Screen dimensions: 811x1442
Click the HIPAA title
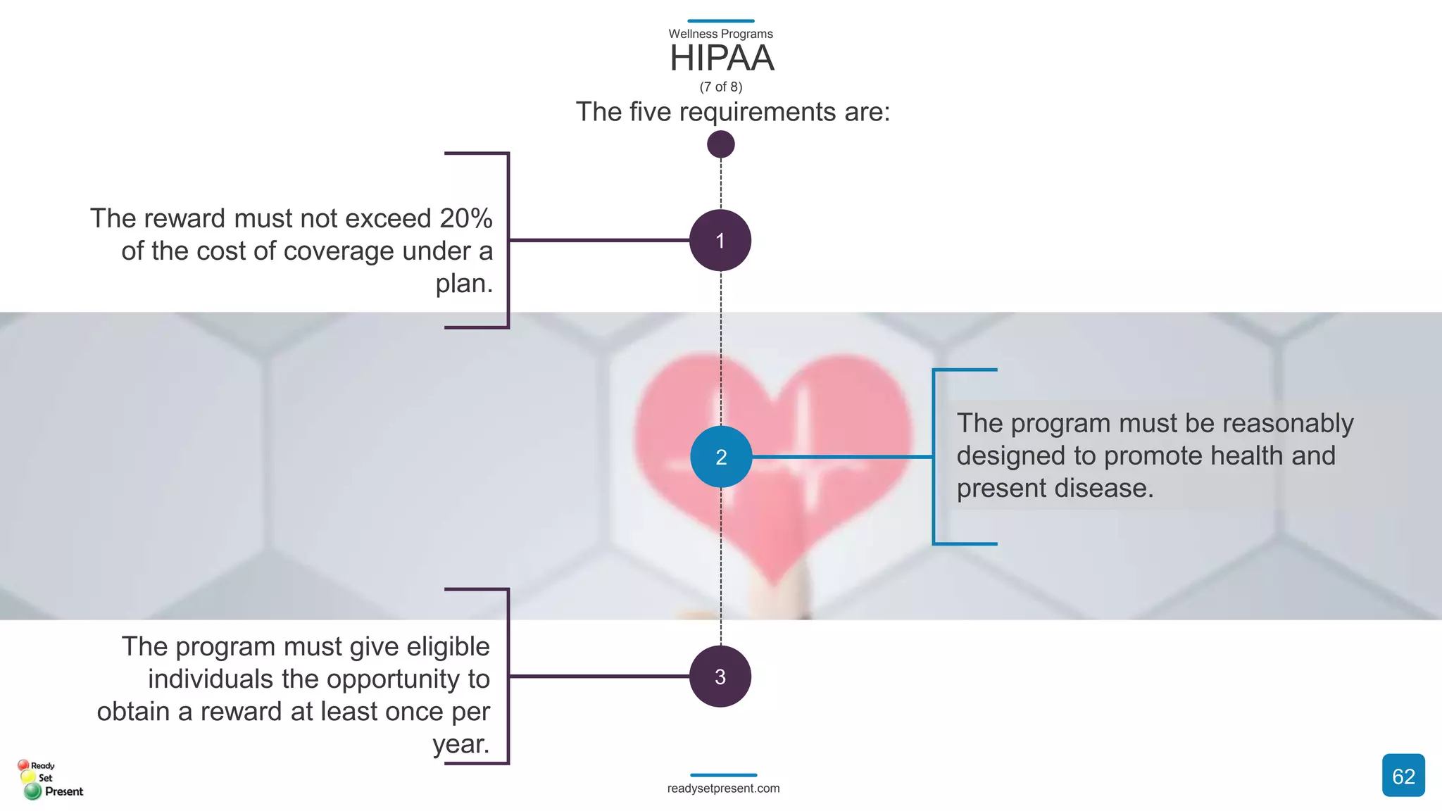pyautogui.click(x=721, y=58)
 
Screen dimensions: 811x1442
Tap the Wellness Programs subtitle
pyautogui.click(x=720, y=34)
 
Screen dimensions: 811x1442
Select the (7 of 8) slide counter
pyautogui.click(x=720, y=87)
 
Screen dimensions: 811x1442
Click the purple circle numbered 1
pyautogui.click(x=720, y=241)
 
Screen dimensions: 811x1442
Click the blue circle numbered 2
pyautogui.click(x=721, y=457)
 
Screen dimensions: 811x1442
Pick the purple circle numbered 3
pyautogui.click(x=720, y=677)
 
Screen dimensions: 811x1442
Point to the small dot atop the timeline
pyautogui.click(x=720, y=144)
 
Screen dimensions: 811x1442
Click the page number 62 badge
pyautogui.click(x=1403, y=776)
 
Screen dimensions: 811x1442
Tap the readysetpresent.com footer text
pyautogui.click(x=723, y=788)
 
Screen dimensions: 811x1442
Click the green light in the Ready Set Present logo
pyautogui.click(x=32, y=791)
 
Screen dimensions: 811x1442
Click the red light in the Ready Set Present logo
pyautogui.click(x=23, y=765)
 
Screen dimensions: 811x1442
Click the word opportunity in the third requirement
pyautogui.click(x=394, y=679)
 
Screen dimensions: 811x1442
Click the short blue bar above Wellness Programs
pyautogui.click(x=720, y=21)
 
